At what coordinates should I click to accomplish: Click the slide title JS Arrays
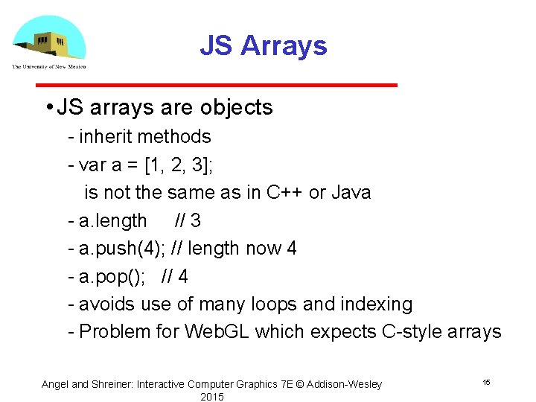pos(263,46)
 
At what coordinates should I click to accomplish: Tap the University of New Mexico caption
pos(48,67)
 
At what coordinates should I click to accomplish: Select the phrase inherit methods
pos(145,137)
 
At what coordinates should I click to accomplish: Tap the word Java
pos(351,193)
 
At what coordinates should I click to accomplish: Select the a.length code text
pos(112,221)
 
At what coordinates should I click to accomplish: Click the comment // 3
pos(188,221)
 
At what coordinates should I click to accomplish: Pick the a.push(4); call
pos(122,249)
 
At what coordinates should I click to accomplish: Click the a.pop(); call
pos(112,277)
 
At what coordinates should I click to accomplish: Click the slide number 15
pos(486,382)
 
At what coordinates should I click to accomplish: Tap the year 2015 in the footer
pos(212,397)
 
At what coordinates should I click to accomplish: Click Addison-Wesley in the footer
pos(344,384)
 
